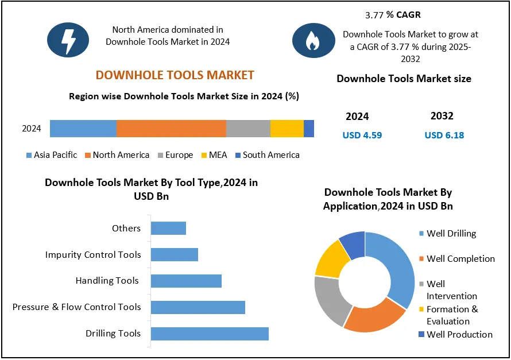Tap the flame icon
(313, 40)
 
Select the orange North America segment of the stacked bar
(171, 129)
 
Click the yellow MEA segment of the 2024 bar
(287, 129)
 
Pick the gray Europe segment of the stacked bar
(248, 129)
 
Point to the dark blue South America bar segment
(309, 129)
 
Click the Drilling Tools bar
(210, 334)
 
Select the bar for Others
(168, 228)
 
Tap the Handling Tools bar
(186, 281)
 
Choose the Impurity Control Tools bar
(175, 254)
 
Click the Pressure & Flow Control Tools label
(76, 307)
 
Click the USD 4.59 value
(362, 136)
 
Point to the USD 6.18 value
(444, 136)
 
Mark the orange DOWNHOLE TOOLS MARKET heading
(175, 75)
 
